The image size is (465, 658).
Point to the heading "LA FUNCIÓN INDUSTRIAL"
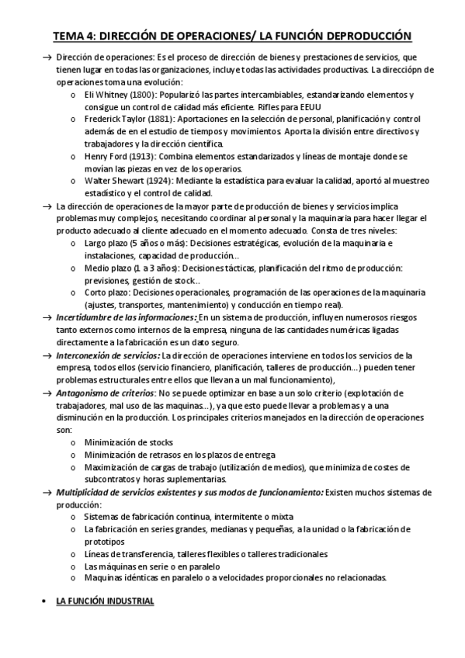[106, 601]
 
